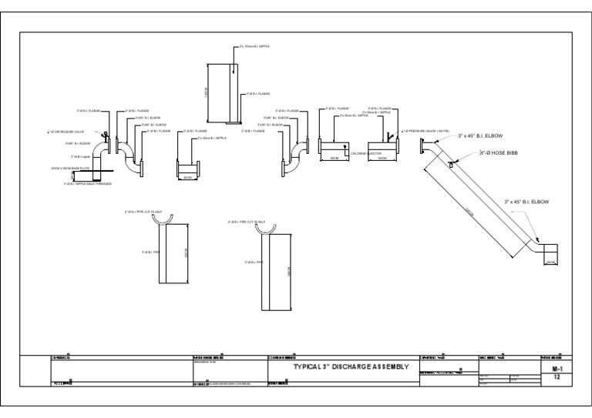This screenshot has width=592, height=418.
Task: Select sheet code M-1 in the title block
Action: [557, 369]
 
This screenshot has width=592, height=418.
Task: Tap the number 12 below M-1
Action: [557, 377]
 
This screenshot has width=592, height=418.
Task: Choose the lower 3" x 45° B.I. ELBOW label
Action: [526, 202]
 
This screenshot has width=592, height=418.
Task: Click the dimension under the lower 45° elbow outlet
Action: [550, 263]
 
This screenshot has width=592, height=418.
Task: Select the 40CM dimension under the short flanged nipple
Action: [187, 176]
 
